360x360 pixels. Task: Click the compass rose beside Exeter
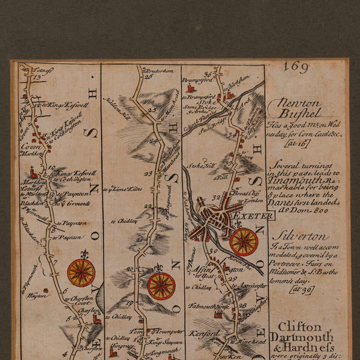coord(244,241)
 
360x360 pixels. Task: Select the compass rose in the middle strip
coord(161,286)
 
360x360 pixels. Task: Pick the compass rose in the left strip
coord(81,272)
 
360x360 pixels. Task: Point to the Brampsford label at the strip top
coord(198,79)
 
